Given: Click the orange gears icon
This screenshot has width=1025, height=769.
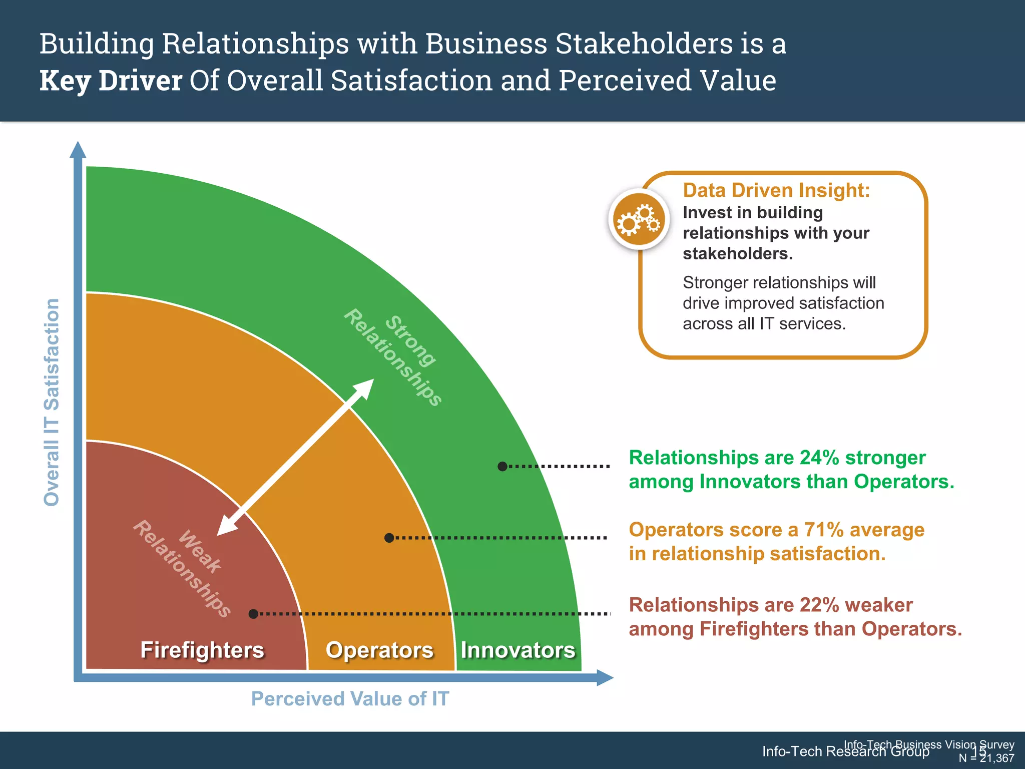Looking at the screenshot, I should pos(639,219).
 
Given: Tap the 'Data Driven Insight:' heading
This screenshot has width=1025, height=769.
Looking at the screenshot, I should pos(776,191).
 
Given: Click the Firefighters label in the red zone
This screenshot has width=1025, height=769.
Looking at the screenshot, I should pos(202,650).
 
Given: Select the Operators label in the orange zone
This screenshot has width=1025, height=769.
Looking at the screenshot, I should pos(379,650).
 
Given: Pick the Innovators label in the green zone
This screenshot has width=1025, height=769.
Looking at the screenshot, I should pos(518,650).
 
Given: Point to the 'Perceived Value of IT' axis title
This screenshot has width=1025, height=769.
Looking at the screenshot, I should pos(350,698).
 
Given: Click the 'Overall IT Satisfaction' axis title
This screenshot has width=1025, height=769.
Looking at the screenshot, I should pos(52,402).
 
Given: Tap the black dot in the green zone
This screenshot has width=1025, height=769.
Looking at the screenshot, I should pos(502,466).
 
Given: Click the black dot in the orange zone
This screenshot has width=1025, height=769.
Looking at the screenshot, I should pos(389,538).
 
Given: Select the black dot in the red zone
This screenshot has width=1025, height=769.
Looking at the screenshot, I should pos(254,614).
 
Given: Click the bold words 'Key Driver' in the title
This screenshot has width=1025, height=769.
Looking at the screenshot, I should pos(111,81).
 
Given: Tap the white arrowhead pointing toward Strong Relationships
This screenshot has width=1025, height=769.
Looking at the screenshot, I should pos(364,388).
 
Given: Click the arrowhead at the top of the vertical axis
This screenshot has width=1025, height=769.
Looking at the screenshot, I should pos(78,150).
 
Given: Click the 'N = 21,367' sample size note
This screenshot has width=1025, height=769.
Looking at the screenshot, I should pos(986,758).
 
